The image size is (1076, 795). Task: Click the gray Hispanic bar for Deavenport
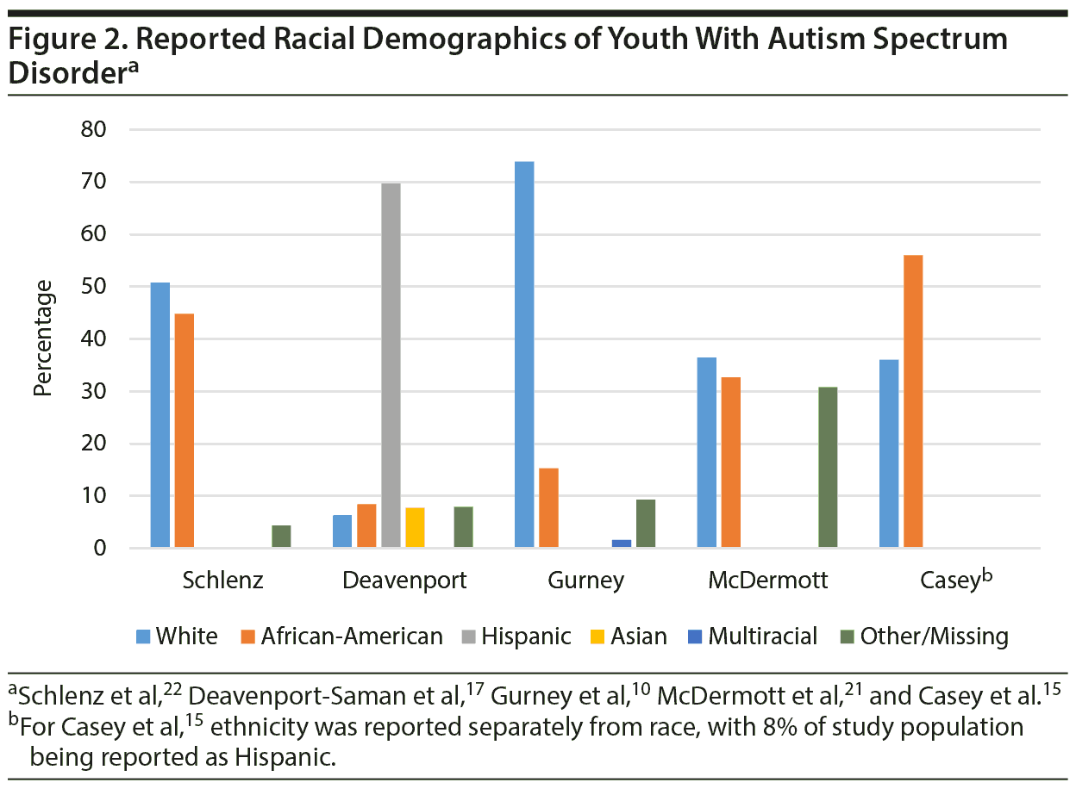coord(391,365)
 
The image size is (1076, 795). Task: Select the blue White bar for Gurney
coord(524,354)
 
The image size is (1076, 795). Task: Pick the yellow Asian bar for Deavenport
coord(415,527)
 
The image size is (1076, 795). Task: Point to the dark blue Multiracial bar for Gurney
coord(622,543)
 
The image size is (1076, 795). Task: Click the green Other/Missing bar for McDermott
coord(828,468)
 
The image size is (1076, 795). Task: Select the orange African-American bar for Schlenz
coord(185,431)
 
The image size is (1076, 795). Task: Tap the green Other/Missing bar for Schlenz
coord(281,536)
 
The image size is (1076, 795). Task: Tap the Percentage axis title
coord(43,338)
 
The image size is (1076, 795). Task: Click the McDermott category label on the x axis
coord(767,581)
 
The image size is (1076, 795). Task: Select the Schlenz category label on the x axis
coord(222,581)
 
